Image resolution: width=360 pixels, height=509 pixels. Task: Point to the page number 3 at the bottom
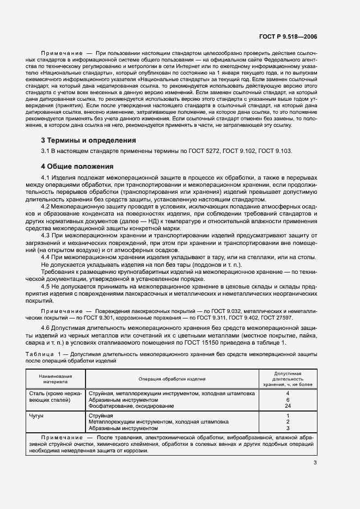(315, 463)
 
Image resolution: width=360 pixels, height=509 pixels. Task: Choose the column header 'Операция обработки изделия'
(172, 379)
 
